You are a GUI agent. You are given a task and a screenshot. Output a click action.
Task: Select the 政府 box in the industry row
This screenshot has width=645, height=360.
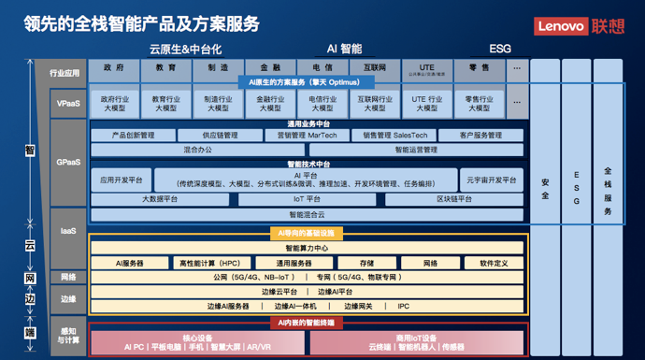pos(114,67)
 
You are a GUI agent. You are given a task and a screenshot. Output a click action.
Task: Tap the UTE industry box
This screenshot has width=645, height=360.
pos(426,67)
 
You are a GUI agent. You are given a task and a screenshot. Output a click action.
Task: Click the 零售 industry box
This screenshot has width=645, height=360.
pos(479,67)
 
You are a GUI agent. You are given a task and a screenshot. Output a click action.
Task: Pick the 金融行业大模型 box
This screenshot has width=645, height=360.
pos(271,103)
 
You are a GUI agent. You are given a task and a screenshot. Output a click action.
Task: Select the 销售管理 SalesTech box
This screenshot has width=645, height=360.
pos(395,136)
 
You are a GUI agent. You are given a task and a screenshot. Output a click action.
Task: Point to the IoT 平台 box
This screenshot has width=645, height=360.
pos(307,198)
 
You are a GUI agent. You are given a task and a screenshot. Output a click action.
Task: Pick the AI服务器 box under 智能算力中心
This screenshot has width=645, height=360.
pos(130,264)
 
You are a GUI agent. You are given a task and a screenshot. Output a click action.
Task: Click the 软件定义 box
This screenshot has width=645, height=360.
pos(494,264)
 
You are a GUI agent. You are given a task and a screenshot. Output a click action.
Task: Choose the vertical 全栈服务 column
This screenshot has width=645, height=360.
pos(608,191)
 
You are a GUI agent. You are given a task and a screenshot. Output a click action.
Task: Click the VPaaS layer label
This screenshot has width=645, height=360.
pos(67,103)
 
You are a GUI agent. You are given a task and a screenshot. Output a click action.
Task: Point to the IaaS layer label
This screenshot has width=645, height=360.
pos(67,229)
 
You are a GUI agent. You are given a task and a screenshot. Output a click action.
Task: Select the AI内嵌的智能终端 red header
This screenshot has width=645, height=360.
pos(307,323)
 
